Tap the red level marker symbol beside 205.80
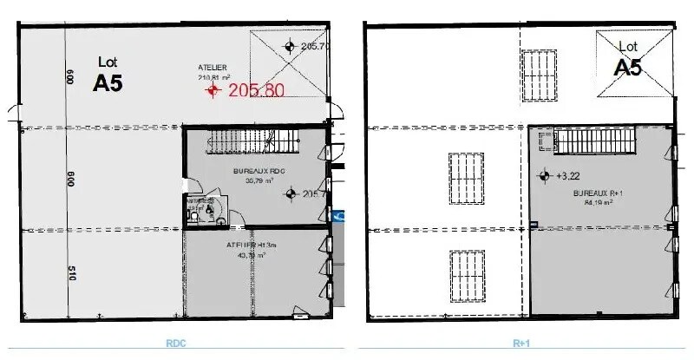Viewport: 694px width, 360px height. pyautogui.click(x=212, y=89)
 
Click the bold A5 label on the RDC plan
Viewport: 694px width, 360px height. pyautogui.click(x=108, y=82)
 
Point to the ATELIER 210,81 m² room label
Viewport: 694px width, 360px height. pyautogui.click(x=213, y=72)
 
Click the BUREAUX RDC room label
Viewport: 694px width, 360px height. pyautogui.click(x=253, y=176)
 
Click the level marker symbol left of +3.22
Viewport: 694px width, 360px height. pyautogui.click(x=544, y=176)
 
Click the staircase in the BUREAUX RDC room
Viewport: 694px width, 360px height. pyautogui.click(x=252, y=141)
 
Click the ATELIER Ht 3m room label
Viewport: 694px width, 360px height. pyautogui.click(x=246, y=250)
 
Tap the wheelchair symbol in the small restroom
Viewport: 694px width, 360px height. pyautogui.click(x=209, y=209)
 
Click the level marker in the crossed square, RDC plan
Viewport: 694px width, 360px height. pyautogui.click(x=290, y=47)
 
